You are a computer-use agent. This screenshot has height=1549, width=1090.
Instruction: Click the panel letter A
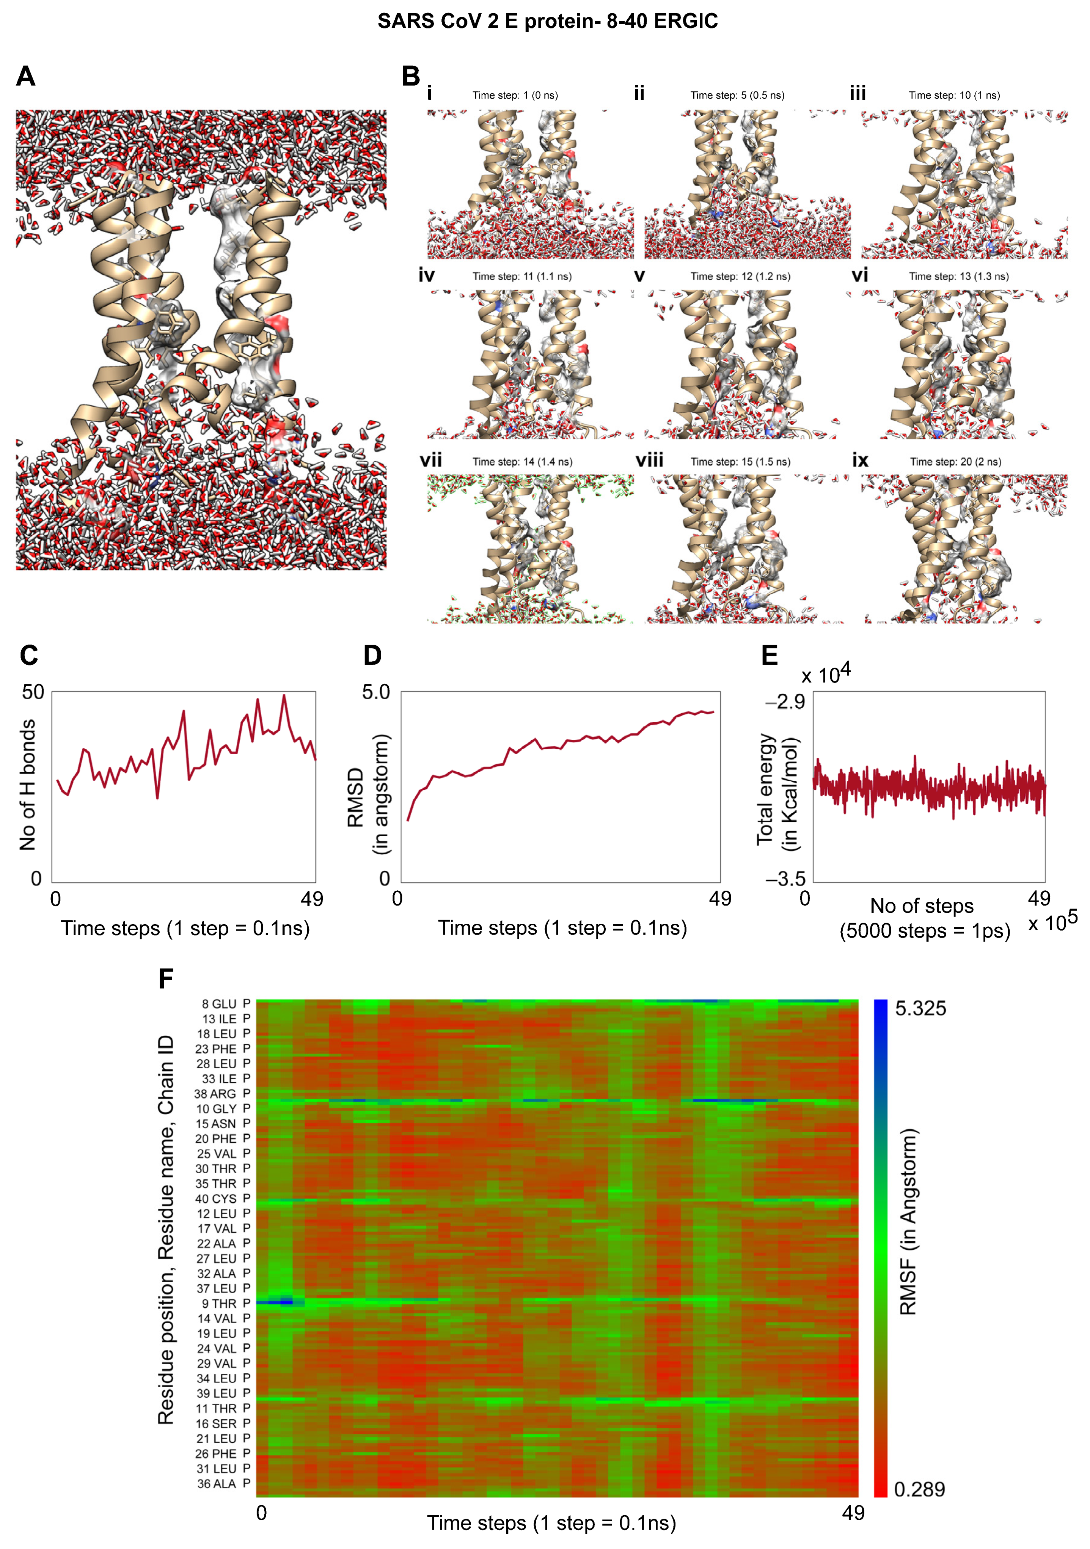26,76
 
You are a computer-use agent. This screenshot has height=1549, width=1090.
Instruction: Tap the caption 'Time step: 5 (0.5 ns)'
737,95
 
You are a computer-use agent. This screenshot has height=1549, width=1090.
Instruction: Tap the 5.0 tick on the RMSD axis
376,692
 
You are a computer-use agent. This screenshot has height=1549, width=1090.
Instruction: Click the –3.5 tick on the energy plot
785,879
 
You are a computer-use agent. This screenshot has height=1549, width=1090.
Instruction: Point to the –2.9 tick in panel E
785,702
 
